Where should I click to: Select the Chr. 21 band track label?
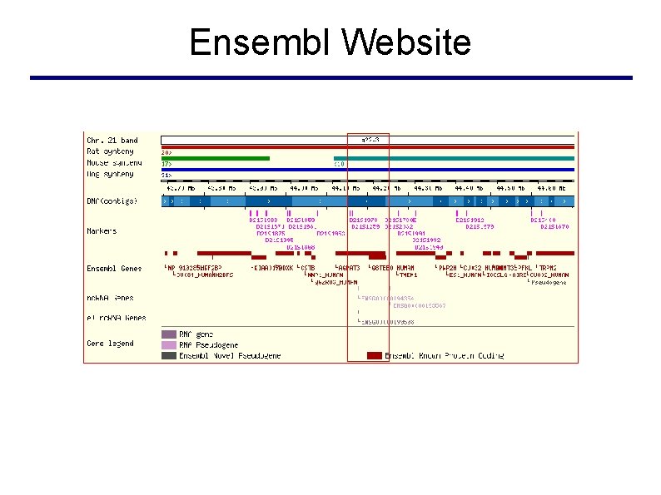pos(112,140)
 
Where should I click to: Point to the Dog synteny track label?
pos(110,174)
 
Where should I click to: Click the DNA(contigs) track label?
pos(112,201)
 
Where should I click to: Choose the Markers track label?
pos(102,230)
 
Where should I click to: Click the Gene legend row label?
pos(110,343)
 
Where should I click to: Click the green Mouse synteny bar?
pos(216,158)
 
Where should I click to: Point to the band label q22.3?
pos(370,140)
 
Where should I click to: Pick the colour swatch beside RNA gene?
pos(169,334)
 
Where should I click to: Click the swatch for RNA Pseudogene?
pos(169,344)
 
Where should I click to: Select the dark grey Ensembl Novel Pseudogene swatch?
pos(169,355)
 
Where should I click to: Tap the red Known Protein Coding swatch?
pos(375,355)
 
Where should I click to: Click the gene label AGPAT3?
pos(349,269)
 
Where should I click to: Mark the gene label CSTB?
pos(308,269)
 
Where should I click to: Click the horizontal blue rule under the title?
pos(330,78)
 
